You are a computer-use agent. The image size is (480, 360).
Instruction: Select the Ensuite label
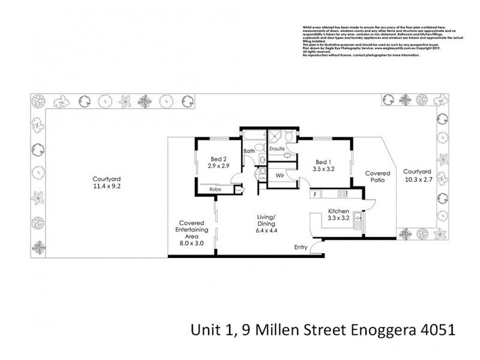[x=276, y=148]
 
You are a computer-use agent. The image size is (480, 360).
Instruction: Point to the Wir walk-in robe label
[x=280, y=176]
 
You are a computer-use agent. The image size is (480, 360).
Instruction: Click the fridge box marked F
[x=314, y=194]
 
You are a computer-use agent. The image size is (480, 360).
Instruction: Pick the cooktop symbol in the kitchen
[x=343, y=194]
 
